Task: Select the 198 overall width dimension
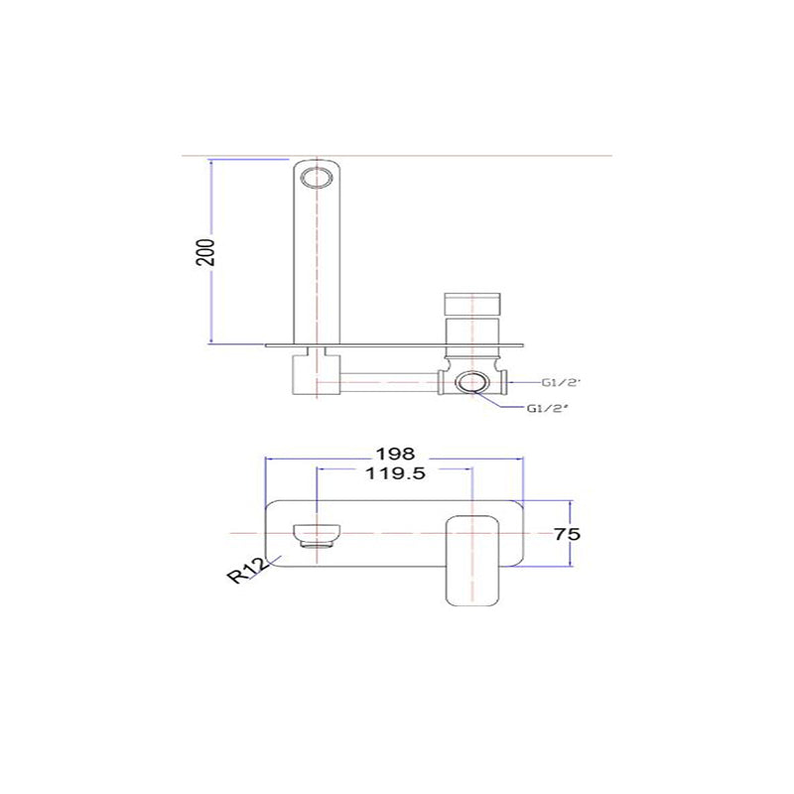pyautogui.click(x=395, y=452)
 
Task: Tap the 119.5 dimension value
pyautogui.click(x=395, y=473)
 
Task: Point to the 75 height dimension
pyautogui.click(x=567, y=534)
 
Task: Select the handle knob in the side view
pyautogui.click(x=473, y=304)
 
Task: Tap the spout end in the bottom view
pyautogui.click(x=316, y=534)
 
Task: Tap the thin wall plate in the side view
pyautogui.click(x=397, y=345)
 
